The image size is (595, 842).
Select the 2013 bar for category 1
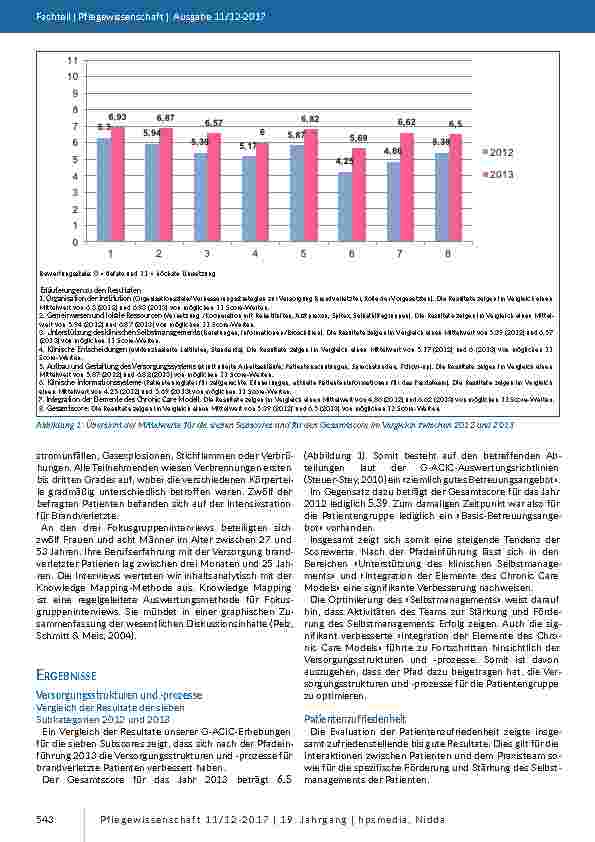click(x=117, y=184)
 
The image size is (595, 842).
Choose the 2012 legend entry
click(x=498, y=151)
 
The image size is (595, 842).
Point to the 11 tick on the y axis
click(x=72, y=61)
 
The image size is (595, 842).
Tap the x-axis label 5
click(x=303, y=254)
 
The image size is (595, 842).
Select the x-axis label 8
click(x=447, y=254)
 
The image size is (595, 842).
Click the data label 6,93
click(x=117, y=118)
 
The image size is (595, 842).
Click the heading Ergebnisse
click(x=67, y=648)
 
